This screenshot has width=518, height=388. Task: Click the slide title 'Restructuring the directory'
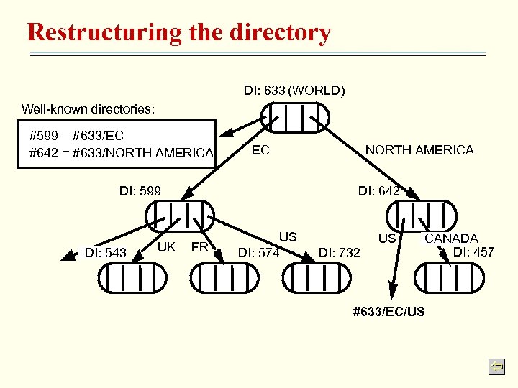[x=178, y=32]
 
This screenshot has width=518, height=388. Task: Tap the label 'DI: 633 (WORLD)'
[x=294, y=91]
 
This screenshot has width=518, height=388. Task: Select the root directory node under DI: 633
[x=295, y=117]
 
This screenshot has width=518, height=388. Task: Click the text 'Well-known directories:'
[x=88, y=109]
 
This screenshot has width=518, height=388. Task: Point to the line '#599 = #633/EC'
[x=76, y=135]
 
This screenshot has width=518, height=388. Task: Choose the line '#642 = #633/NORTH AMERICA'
[x=121, y=152]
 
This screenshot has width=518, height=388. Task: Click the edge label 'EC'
[x=260, y=150]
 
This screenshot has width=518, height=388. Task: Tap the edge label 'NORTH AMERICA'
[x=419, y=149]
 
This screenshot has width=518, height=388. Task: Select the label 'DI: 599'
[x=140, y=191]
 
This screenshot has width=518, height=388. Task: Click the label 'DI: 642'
[x=378, y=191]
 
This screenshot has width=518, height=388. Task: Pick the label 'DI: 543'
[x=106, y=252]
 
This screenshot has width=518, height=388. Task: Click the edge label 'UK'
[x=167, y=247]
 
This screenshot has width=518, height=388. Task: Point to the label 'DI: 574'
[x=258, y=252]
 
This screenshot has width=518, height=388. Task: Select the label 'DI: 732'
[x=339, y=252]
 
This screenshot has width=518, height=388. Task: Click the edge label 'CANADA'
[x=451, y=238]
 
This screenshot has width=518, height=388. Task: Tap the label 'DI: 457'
[x=473, y=251]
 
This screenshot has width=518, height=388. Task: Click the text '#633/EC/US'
[x=388, y=312]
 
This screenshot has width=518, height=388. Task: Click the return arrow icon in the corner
[x=496, y=367]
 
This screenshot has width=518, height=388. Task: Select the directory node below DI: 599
[x=180, y=215]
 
